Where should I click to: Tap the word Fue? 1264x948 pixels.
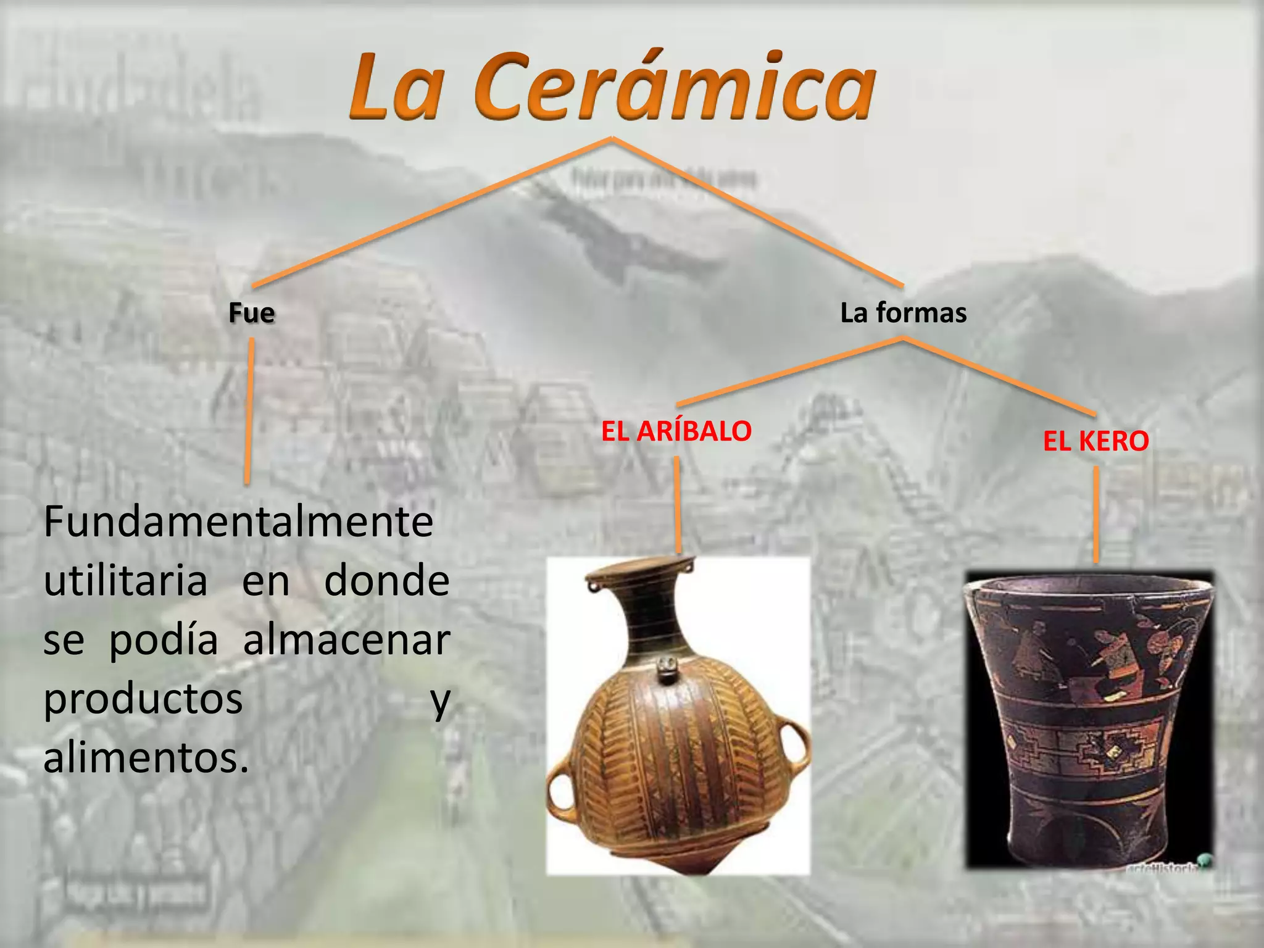coord(252,313)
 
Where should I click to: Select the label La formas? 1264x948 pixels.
coord(903,313)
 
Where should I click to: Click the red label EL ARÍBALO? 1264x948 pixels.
coord(676,431)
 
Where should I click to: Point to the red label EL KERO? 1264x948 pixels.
coord(1096,441)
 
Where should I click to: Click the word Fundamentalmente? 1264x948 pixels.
coord(238,522)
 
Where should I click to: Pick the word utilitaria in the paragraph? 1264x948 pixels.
coord(125,581)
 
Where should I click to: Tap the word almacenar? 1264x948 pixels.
coord(346,640)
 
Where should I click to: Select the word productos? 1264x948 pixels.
coord(143,699)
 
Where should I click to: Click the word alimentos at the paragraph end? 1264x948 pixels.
coord(146,758)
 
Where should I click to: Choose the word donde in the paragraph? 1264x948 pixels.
coord(387,581)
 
